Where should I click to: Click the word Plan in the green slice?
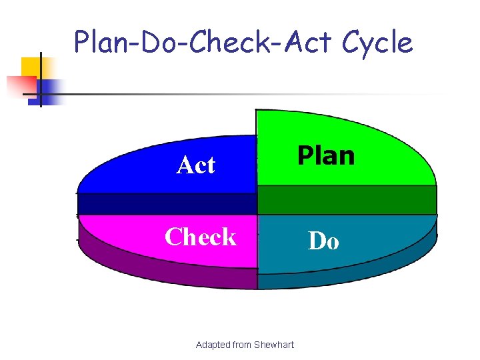(326, 155)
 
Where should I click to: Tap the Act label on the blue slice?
(196, 165)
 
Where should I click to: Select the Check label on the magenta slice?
(200, 237)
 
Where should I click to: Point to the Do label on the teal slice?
(323, 241)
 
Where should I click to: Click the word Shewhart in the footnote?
(270, 345)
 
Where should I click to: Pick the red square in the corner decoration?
(20, 86)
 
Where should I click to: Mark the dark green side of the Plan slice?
(347, 199)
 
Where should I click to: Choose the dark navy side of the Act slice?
(167, 203)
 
